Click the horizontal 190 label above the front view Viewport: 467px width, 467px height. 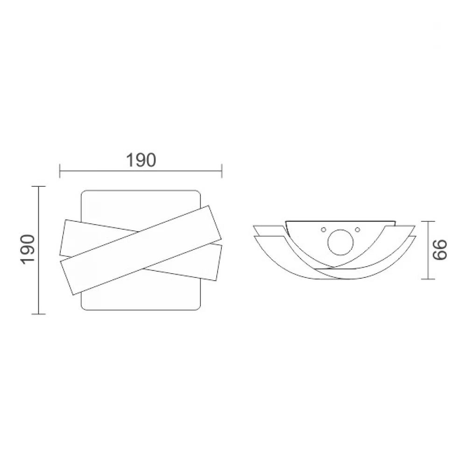(141, 160)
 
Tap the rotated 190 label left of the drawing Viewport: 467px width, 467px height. (28, 250)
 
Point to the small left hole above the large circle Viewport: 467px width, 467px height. (323, 229)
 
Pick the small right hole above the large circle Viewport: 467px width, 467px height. (357, 229)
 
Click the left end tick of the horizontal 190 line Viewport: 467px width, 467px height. (60, 170)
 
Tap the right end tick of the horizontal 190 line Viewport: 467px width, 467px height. (222, 170)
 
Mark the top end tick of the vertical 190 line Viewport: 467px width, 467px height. (38, 186)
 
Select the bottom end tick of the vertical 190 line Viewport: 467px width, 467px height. (38, 314)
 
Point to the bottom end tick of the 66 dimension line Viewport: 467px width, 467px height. (428, 279)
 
